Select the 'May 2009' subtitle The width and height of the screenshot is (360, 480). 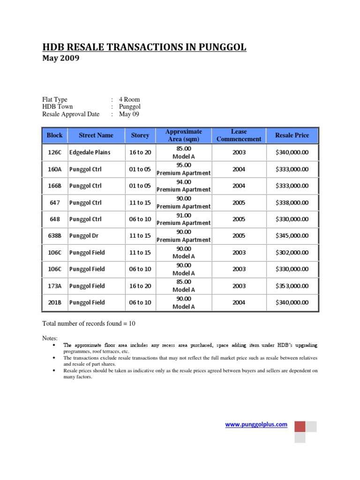pos(61,59)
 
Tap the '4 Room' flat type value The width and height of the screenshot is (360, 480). pos(129,99)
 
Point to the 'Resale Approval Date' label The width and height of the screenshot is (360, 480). pos(71,114)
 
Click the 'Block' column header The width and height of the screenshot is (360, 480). pos(54,135)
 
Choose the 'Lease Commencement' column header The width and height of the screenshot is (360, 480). pos(239,135)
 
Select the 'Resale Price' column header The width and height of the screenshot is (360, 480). pos(292,135)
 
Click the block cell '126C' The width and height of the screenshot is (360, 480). pos(54,152)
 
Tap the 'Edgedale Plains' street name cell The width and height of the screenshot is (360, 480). pos(90,152)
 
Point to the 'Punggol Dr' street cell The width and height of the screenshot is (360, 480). pos(84,236)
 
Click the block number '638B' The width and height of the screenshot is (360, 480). pos(54,236)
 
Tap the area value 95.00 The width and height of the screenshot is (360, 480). pos(183,165)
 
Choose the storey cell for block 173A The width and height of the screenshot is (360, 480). pos(140,286)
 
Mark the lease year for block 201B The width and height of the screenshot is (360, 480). pos(239,302)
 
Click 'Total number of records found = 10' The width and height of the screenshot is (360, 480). pos(89,323)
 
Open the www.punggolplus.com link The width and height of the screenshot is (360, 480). pos(256,424)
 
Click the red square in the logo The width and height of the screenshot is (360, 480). pos(300,426)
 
